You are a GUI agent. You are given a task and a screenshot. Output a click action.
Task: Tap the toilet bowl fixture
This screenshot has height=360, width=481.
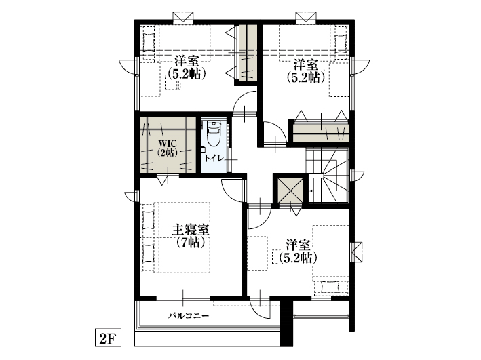click(x=214, y=134)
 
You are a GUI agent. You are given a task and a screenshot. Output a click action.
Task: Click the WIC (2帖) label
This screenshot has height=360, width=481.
click(x=167, y=148)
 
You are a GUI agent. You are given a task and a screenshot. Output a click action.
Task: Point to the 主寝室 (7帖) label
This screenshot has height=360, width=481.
click(x=191, y=235)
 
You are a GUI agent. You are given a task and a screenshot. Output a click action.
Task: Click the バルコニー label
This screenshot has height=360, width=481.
click(x=189, y=315)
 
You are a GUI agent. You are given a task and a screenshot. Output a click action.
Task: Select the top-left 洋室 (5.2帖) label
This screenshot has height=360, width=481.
click(x=186, y=68)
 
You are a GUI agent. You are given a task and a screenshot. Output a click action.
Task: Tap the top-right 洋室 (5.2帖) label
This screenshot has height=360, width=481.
click(x=305, y=71)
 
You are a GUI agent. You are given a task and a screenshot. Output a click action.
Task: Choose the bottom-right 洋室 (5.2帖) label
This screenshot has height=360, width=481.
click(x=298, y=252)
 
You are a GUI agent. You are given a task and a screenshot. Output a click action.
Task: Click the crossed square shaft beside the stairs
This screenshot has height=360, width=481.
click(x=290, y=190)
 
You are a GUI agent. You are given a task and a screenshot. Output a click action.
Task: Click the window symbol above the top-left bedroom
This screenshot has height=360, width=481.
click(x=183, y=17)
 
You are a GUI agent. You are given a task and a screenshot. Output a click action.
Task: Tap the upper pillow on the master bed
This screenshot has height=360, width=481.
click(x=148, y=220)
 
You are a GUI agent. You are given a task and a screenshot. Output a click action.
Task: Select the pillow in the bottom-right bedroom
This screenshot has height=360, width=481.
click(x=330, y=287)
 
